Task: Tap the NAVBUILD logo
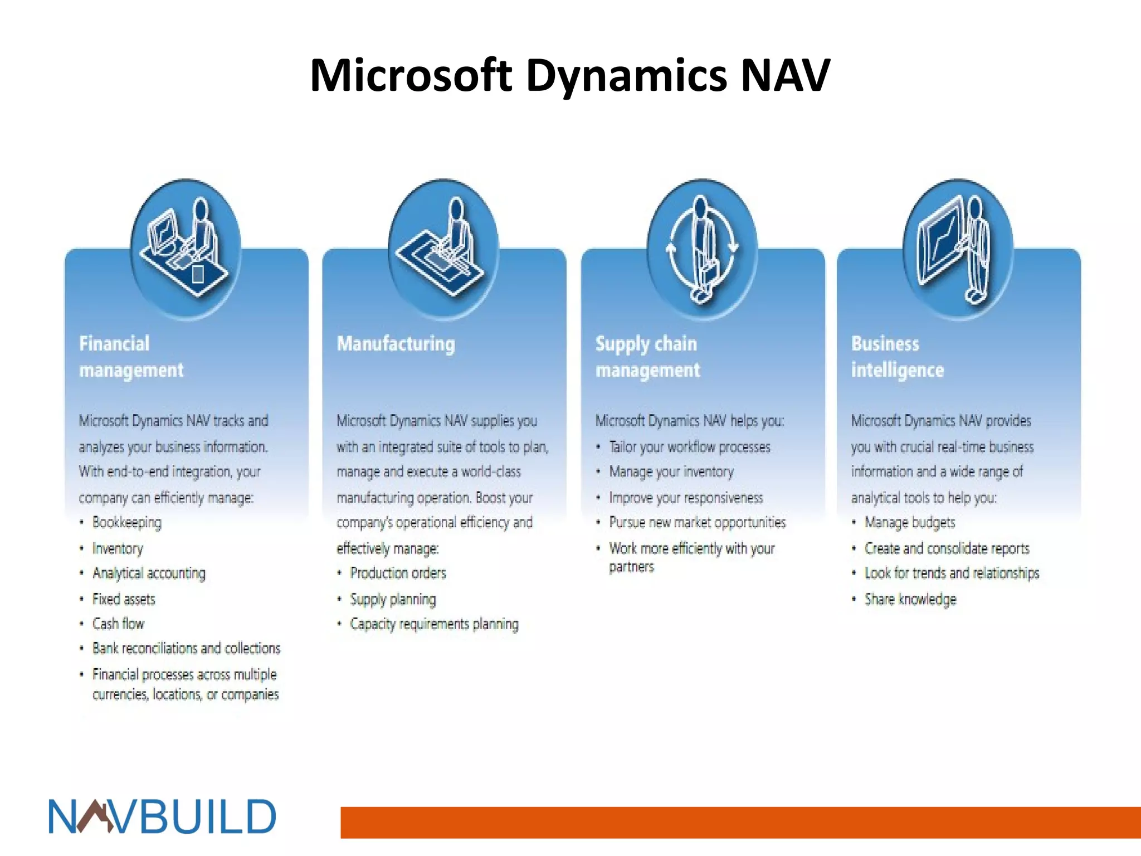point(162,817)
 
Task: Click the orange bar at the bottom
point(740,822)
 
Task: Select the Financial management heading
point(131,357)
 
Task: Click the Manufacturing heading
point(396,344)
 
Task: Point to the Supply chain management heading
point(647,357)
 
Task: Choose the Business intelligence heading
point(897,357)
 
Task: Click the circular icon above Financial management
point(186,249)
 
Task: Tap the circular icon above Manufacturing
point(443,249)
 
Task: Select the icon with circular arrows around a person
point(702,249)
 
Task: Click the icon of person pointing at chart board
point(958,249)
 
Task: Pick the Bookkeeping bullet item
point(127,523)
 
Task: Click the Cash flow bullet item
point(118,624)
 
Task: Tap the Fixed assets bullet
point(124,599)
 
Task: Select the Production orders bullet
point(398,573)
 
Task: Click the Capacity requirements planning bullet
point(434,624)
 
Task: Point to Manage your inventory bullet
point(671,472)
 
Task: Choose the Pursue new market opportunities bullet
point(697,523)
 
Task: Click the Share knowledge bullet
point(910,599)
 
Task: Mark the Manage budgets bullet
point(910,523)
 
